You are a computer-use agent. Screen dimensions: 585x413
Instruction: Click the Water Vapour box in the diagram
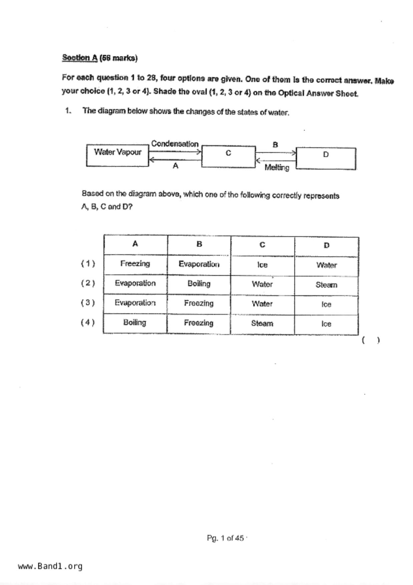(x=117, y=155)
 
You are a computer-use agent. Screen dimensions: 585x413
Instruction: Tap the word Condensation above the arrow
(x=175, y=144)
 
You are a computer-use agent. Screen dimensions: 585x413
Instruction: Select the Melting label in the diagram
(x=277, y=167)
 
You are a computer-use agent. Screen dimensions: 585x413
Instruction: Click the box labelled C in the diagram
(x=228, y=156)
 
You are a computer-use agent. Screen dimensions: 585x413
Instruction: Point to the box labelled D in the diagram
(x=326, y=158)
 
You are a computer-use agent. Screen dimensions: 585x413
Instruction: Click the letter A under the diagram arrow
(x=175, y=166)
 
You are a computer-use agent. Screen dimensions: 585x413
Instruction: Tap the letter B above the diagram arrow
(x=275, y=145)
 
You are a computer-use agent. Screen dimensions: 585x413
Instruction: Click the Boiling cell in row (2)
(x=199, y=284)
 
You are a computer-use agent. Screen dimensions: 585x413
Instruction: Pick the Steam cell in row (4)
(x=262, y=324)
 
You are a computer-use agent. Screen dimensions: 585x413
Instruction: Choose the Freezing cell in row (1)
(x=135, y=264)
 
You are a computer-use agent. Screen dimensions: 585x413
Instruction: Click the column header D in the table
(x=326, y=245)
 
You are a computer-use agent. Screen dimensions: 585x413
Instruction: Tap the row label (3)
(x=88, y=303)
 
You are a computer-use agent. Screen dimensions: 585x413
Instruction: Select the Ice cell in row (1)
(x=262, y=265)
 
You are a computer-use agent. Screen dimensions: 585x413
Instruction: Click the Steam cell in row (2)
(x=326, y=285)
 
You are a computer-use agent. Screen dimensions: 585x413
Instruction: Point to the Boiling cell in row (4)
(x=135, y=323)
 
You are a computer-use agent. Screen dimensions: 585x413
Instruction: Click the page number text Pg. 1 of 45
(x=225, y=538)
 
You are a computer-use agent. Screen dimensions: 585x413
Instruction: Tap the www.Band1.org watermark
(x=50, y=566)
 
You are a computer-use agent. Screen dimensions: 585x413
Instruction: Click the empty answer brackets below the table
(x=370, y=341)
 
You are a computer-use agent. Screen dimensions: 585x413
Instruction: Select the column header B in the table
(x=199, y=244)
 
